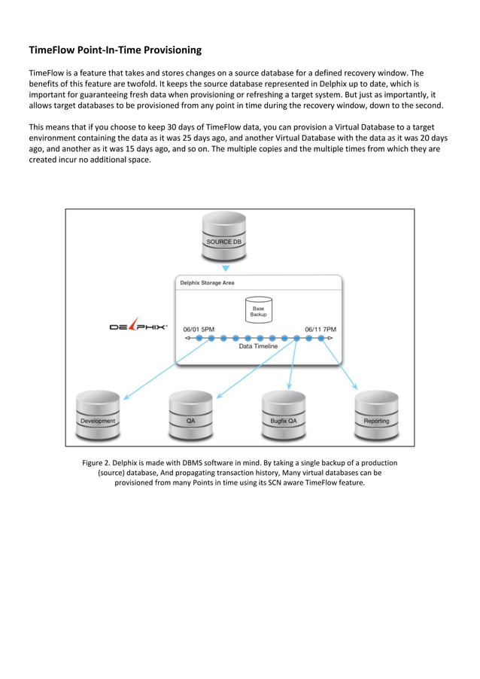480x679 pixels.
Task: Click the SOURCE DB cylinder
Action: [224, 235]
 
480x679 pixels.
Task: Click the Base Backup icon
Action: [258, 309]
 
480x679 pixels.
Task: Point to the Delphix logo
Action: [138, 327]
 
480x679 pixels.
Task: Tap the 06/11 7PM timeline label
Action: [321, 329]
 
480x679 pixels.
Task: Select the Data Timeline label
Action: [258, 347]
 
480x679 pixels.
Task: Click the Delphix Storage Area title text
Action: [207, 283]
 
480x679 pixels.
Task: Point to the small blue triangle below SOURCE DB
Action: [224, 268]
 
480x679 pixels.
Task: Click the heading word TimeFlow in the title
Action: [53, 50]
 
